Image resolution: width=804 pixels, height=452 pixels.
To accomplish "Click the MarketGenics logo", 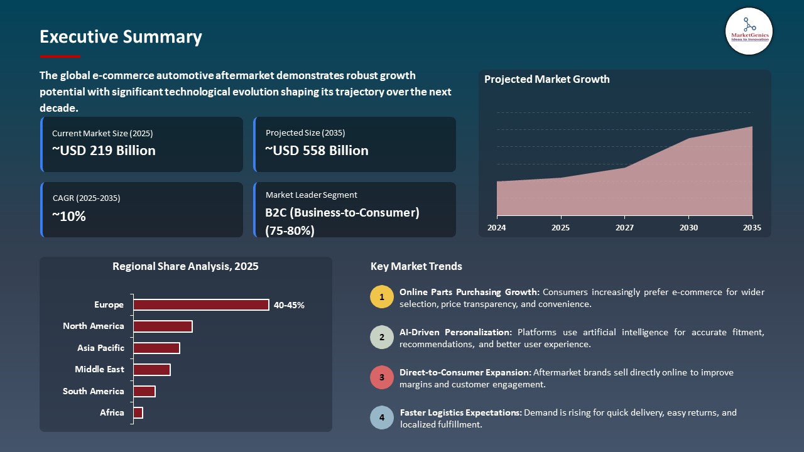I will [749, 31].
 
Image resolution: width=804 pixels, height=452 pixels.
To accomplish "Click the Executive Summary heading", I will [121, 37].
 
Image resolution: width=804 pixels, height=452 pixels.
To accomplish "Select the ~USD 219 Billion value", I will [104, 151].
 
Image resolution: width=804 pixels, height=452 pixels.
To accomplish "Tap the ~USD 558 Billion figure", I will [317, 151].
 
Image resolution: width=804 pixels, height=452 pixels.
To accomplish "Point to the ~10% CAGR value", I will [69, 217].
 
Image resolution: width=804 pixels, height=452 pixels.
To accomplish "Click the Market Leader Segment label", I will [312, 195].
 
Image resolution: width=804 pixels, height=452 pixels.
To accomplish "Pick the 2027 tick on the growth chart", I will [624, 228].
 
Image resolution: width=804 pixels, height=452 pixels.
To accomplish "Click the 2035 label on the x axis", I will [752, 228].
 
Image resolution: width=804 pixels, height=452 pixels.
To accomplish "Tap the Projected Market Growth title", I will [546, 80].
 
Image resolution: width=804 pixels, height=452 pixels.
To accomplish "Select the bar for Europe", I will [201, 305].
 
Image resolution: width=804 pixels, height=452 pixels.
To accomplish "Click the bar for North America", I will [163, 326].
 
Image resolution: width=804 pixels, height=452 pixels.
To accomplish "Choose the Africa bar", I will [138, 412].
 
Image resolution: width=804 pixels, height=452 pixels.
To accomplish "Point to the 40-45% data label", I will [289, 306].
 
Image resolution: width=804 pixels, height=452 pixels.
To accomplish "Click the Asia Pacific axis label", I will [100, 348].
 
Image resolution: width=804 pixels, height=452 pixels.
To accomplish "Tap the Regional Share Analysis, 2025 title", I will [185, 267].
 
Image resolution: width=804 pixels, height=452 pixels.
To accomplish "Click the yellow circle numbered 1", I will [382, 297].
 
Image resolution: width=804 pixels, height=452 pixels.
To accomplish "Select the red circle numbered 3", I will [382, 378].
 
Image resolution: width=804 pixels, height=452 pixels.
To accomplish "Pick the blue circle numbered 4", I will [382, 417].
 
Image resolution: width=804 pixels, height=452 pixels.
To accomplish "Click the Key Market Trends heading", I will [416, 267].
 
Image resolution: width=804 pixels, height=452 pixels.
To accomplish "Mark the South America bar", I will [144, 391].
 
